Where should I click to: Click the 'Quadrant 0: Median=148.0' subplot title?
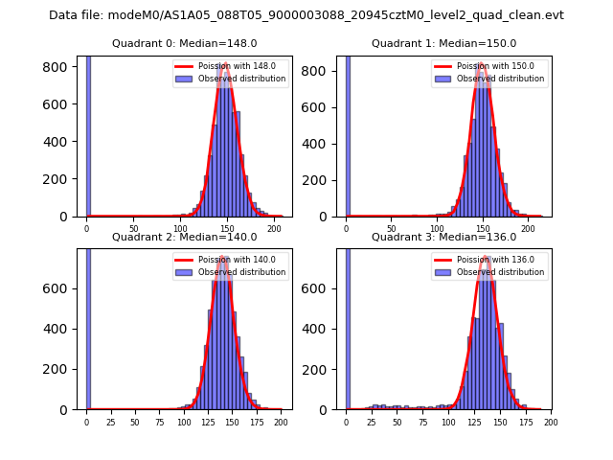(184, 43)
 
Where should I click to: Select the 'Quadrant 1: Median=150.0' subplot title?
(443, 43)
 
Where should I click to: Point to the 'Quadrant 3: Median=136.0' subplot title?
(443, 237)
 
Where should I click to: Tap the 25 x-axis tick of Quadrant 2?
(110, 422)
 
